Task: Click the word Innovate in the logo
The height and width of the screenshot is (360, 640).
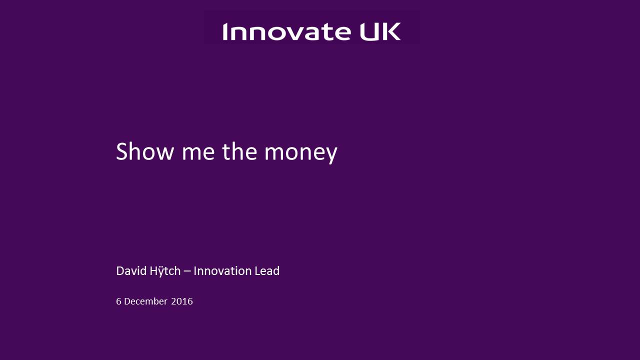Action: click(x=286, y=31)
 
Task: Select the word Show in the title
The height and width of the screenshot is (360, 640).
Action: click(x=145, y=151)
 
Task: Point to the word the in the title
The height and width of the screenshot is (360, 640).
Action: click(x=239, y=151)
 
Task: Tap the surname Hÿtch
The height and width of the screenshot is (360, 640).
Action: click(x=165, y=271)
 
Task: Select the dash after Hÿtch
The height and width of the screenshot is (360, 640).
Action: click(x=187, y=271)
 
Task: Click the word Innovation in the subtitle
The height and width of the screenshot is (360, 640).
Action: click(x=222, y=271)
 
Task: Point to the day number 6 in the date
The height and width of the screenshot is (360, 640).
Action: click(x=118, y=301)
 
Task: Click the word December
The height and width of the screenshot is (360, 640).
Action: click(x=145, y=301)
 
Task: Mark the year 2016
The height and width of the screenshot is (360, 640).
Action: click(x=182, y=301)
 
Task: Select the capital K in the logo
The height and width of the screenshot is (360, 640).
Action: click(x=391, y=31)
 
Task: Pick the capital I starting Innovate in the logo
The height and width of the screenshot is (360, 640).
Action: click(x=225, y=31)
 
